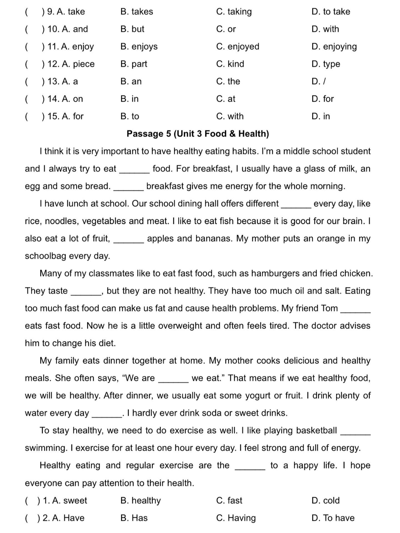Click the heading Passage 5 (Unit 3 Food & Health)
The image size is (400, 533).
coord(198,134)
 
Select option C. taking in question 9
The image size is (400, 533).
coord(234,12)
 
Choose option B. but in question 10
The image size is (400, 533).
coord(132,29)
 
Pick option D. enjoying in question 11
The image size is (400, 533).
coord(334,47)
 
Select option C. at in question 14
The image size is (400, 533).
coord(226,99)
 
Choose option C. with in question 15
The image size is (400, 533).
coord(230,116)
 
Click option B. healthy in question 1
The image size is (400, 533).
coord(141,501)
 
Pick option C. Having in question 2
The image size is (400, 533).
coord(236,518)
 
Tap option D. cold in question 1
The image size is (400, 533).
coord(326,501)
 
